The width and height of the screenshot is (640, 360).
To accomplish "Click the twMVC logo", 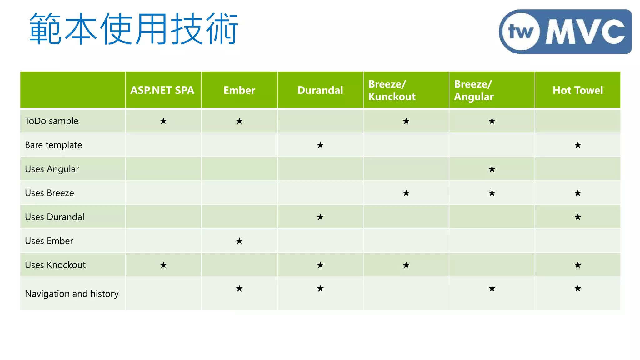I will [565, 32].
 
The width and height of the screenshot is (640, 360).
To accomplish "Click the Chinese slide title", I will [134, 29].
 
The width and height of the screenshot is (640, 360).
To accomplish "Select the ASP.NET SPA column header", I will [162, 90].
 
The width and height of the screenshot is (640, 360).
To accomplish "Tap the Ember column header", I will [239, 90].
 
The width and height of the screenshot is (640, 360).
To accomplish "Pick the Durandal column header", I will [320, 90].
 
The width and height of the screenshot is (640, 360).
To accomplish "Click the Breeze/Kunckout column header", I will [392, 90].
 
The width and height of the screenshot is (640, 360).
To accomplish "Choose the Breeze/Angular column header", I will [474, 90].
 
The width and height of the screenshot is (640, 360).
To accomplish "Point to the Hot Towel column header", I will [577, 90].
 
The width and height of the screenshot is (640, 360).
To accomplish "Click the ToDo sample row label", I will [52, 121].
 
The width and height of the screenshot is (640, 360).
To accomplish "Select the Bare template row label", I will [53, 145].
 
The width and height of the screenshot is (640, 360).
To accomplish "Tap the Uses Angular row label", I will [52, 169].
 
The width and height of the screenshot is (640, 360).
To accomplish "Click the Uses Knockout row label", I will [55, 265].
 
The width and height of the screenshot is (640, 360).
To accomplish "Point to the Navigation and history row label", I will [72, 294].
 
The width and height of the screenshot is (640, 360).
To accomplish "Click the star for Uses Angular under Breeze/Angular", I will [492, 169].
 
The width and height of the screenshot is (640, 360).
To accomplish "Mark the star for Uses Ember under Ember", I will [239, 241].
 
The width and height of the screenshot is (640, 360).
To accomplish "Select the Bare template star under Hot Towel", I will [578, 145].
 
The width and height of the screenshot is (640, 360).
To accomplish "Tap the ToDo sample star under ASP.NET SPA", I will [163, 121].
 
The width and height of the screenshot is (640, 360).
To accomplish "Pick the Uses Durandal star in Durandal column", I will [320, 217].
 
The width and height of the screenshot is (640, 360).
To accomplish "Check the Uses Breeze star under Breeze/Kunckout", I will [406, 193].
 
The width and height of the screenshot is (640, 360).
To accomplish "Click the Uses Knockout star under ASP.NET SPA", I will [163, 265].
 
